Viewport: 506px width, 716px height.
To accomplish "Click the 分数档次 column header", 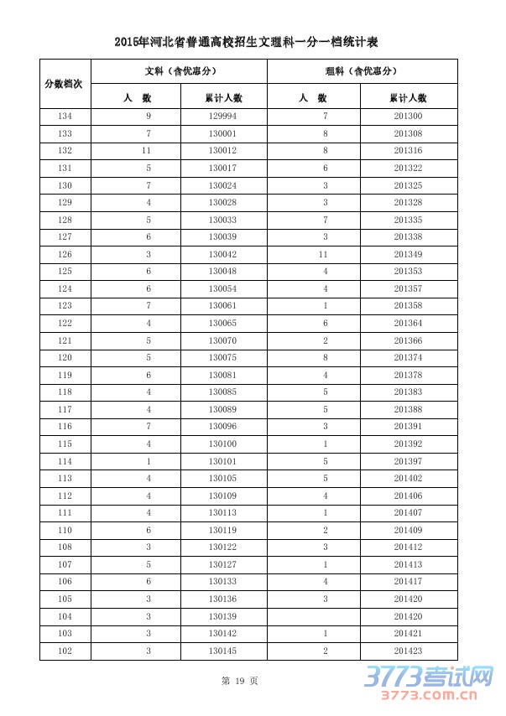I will point(65,84).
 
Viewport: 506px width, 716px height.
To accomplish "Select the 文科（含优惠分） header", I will point(178,71).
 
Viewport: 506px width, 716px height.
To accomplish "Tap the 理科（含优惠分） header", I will point(362,71).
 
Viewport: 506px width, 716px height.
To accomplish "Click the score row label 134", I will point(65,117).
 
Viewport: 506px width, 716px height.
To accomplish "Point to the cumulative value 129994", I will point(222,117).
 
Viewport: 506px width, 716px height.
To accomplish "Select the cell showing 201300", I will point(408,117).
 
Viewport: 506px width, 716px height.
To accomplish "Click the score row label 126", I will point(65,254).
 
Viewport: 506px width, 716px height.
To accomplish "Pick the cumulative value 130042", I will point(222,254).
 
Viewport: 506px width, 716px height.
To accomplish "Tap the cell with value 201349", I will point(408,254).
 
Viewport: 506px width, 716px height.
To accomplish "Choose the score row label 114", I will point(65,461).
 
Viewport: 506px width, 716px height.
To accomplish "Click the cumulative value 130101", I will point(222,461).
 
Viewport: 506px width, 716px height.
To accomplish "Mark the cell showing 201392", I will point(408,444).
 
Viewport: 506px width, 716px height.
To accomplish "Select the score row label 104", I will point(65,616).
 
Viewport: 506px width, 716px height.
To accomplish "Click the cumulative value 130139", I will point(222,616).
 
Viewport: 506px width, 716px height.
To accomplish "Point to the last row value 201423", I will point(408,651).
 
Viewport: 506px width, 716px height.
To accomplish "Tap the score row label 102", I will point(65,651).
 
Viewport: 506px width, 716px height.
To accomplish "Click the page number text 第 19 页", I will point(240,682).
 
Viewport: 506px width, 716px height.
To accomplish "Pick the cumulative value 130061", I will point(222,306).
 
